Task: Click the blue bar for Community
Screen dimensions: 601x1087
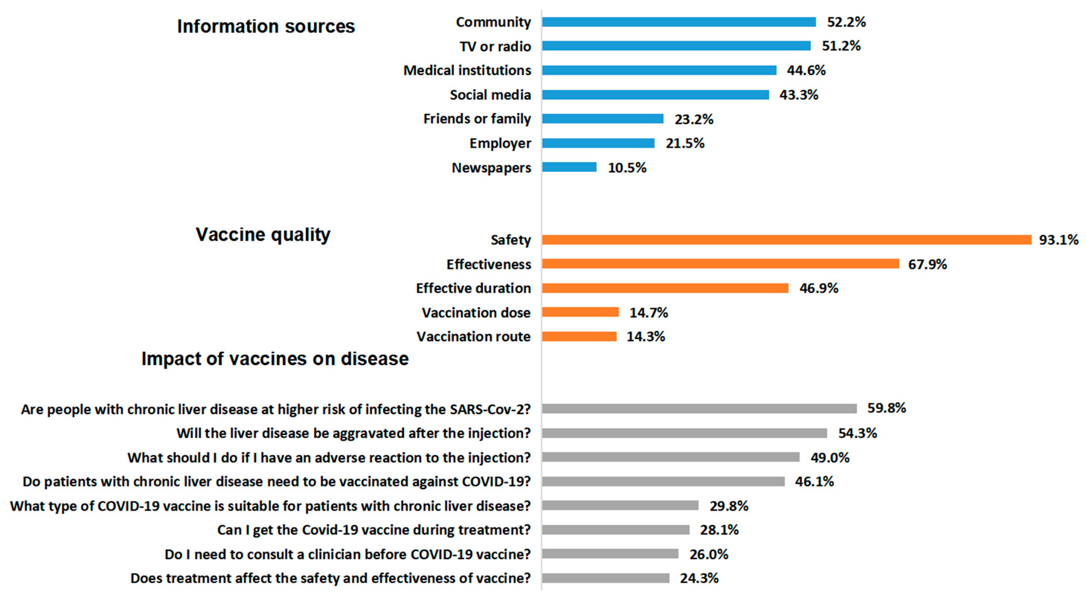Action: pos(679,22)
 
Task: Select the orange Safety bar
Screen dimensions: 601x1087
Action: pos(787,239)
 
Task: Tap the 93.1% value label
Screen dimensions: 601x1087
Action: pos(1058,239)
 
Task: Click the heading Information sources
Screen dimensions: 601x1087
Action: pos(266,26)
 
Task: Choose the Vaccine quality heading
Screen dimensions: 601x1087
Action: pos(263,234)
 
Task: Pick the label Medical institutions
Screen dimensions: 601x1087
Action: pos(467,70)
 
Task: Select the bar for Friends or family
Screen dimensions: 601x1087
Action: pos(603,119)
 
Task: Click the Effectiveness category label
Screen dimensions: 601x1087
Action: pos(489,264)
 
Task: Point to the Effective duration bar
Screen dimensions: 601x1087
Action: pos(665,288)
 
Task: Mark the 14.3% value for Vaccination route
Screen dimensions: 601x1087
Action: pos(646,337)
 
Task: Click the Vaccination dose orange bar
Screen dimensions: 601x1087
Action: pos(580,312)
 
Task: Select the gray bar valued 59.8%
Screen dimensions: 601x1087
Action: pos(699,408)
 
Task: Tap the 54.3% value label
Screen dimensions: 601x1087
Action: pos(857,433)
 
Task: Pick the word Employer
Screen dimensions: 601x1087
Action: pos(500,143)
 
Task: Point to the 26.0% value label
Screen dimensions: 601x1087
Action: pos(709,554)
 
